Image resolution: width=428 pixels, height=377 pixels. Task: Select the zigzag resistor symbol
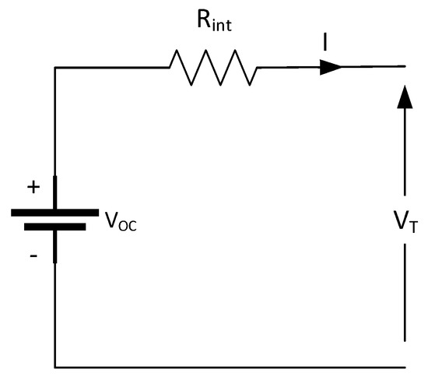(x=212, y=68)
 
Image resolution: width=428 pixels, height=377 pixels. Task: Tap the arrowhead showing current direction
(x=330, y=68)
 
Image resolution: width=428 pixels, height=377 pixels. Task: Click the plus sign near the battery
(x=33, y=187)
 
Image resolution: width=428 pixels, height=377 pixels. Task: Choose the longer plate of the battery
(x=54, y=211)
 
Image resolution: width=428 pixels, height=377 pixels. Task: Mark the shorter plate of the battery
(x=54, y=227)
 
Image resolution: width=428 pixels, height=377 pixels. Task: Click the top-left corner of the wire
(x=54, y=68)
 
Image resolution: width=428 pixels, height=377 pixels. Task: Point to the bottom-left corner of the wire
(x=54, y=365)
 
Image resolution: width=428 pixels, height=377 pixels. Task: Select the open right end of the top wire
(x=403, y=68)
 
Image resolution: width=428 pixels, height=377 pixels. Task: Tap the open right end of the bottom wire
(x=403, y=365)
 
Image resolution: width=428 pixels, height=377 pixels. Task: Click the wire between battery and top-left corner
(x=54, y=125)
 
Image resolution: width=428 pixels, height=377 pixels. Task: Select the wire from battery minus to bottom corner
(x=54, y=312)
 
